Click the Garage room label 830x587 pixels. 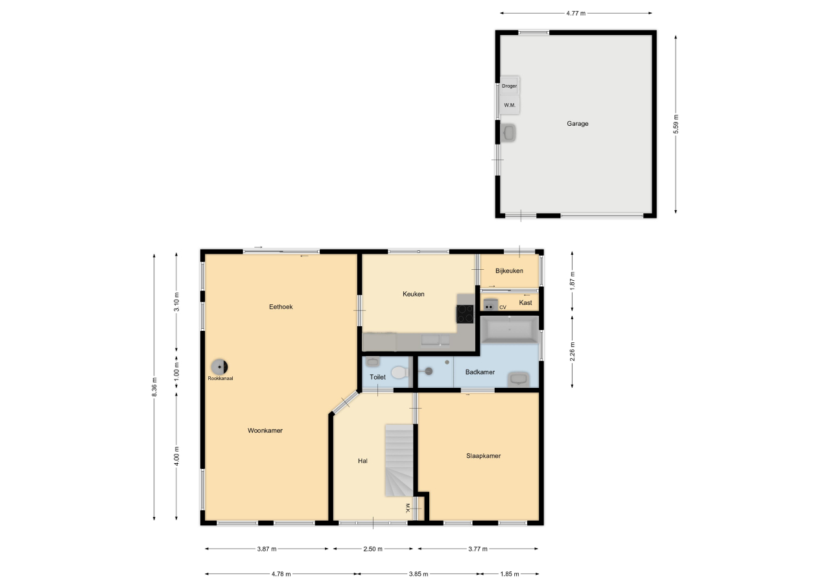coord(577,124)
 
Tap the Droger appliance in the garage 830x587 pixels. coord(510,86)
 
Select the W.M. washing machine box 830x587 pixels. coord(510,105)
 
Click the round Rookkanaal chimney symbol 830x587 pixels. coord(219,367)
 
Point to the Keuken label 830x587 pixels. coord(414,294)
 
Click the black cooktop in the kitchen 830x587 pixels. coord(466,314)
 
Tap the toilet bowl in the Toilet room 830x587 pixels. coord(400,372)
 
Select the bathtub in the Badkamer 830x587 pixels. coord(510,329)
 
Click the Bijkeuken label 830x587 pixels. coord(509,271)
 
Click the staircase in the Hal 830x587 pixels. coord(399,461)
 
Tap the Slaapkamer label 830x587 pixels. coord(483,456)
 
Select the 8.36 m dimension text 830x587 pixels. coord(154,387)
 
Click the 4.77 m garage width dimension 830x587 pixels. coord(576,14)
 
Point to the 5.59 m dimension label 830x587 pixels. coord(676,124)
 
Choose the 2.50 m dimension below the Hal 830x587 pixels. coord(373,549)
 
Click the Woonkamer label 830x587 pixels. coord(265,431)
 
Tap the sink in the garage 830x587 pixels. coord(508,133)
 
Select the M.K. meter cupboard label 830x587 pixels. coord(407,508)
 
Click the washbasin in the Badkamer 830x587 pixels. coord(518,379)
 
